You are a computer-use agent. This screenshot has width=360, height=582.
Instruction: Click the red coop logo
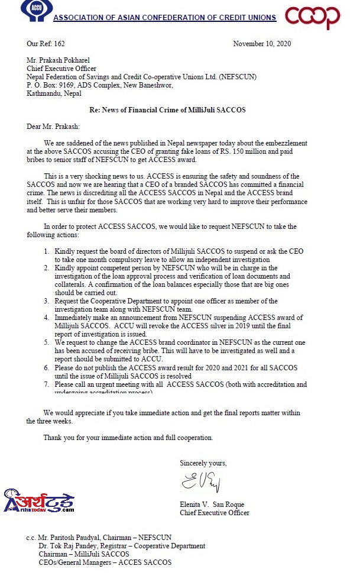313,17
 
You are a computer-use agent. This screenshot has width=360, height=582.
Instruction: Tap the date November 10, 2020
262,44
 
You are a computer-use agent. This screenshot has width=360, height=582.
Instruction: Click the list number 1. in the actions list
46,251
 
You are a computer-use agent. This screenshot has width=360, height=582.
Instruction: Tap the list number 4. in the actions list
46,318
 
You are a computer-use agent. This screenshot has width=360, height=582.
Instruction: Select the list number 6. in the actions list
46,367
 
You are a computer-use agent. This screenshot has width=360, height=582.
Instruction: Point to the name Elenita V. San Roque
212,505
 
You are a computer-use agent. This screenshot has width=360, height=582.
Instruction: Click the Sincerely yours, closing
203,463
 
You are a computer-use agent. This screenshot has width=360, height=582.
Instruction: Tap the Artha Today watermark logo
38,502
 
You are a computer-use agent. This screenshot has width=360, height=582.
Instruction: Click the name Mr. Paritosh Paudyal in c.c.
76,538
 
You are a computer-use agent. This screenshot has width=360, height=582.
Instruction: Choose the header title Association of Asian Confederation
164,18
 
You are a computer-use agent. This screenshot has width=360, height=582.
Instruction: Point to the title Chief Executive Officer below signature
214,513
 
